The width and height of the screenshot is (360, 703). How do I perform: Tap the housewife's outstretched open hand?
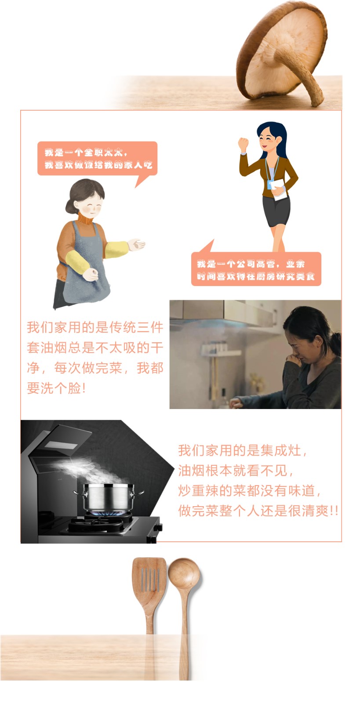coord(136,245)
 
